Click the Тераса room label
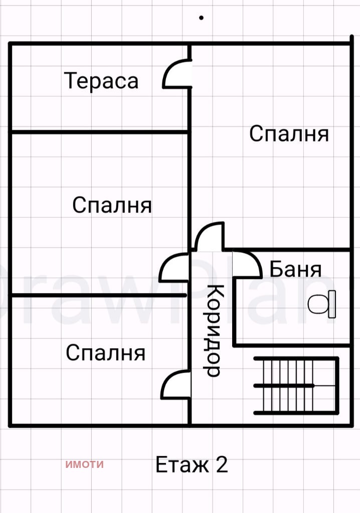(101, 81)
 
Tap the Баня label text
(295, 270)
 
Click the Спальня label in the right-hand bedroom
(289, 134)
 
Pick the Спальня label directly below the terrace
(112, 205)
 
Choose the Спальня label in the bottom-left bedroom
(105, 353)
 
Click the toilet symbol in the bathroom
(321, 304)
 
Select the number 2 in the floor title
(222, 465)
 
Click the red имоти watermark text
(84, 464)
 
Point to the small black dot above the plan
(202, 18)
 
